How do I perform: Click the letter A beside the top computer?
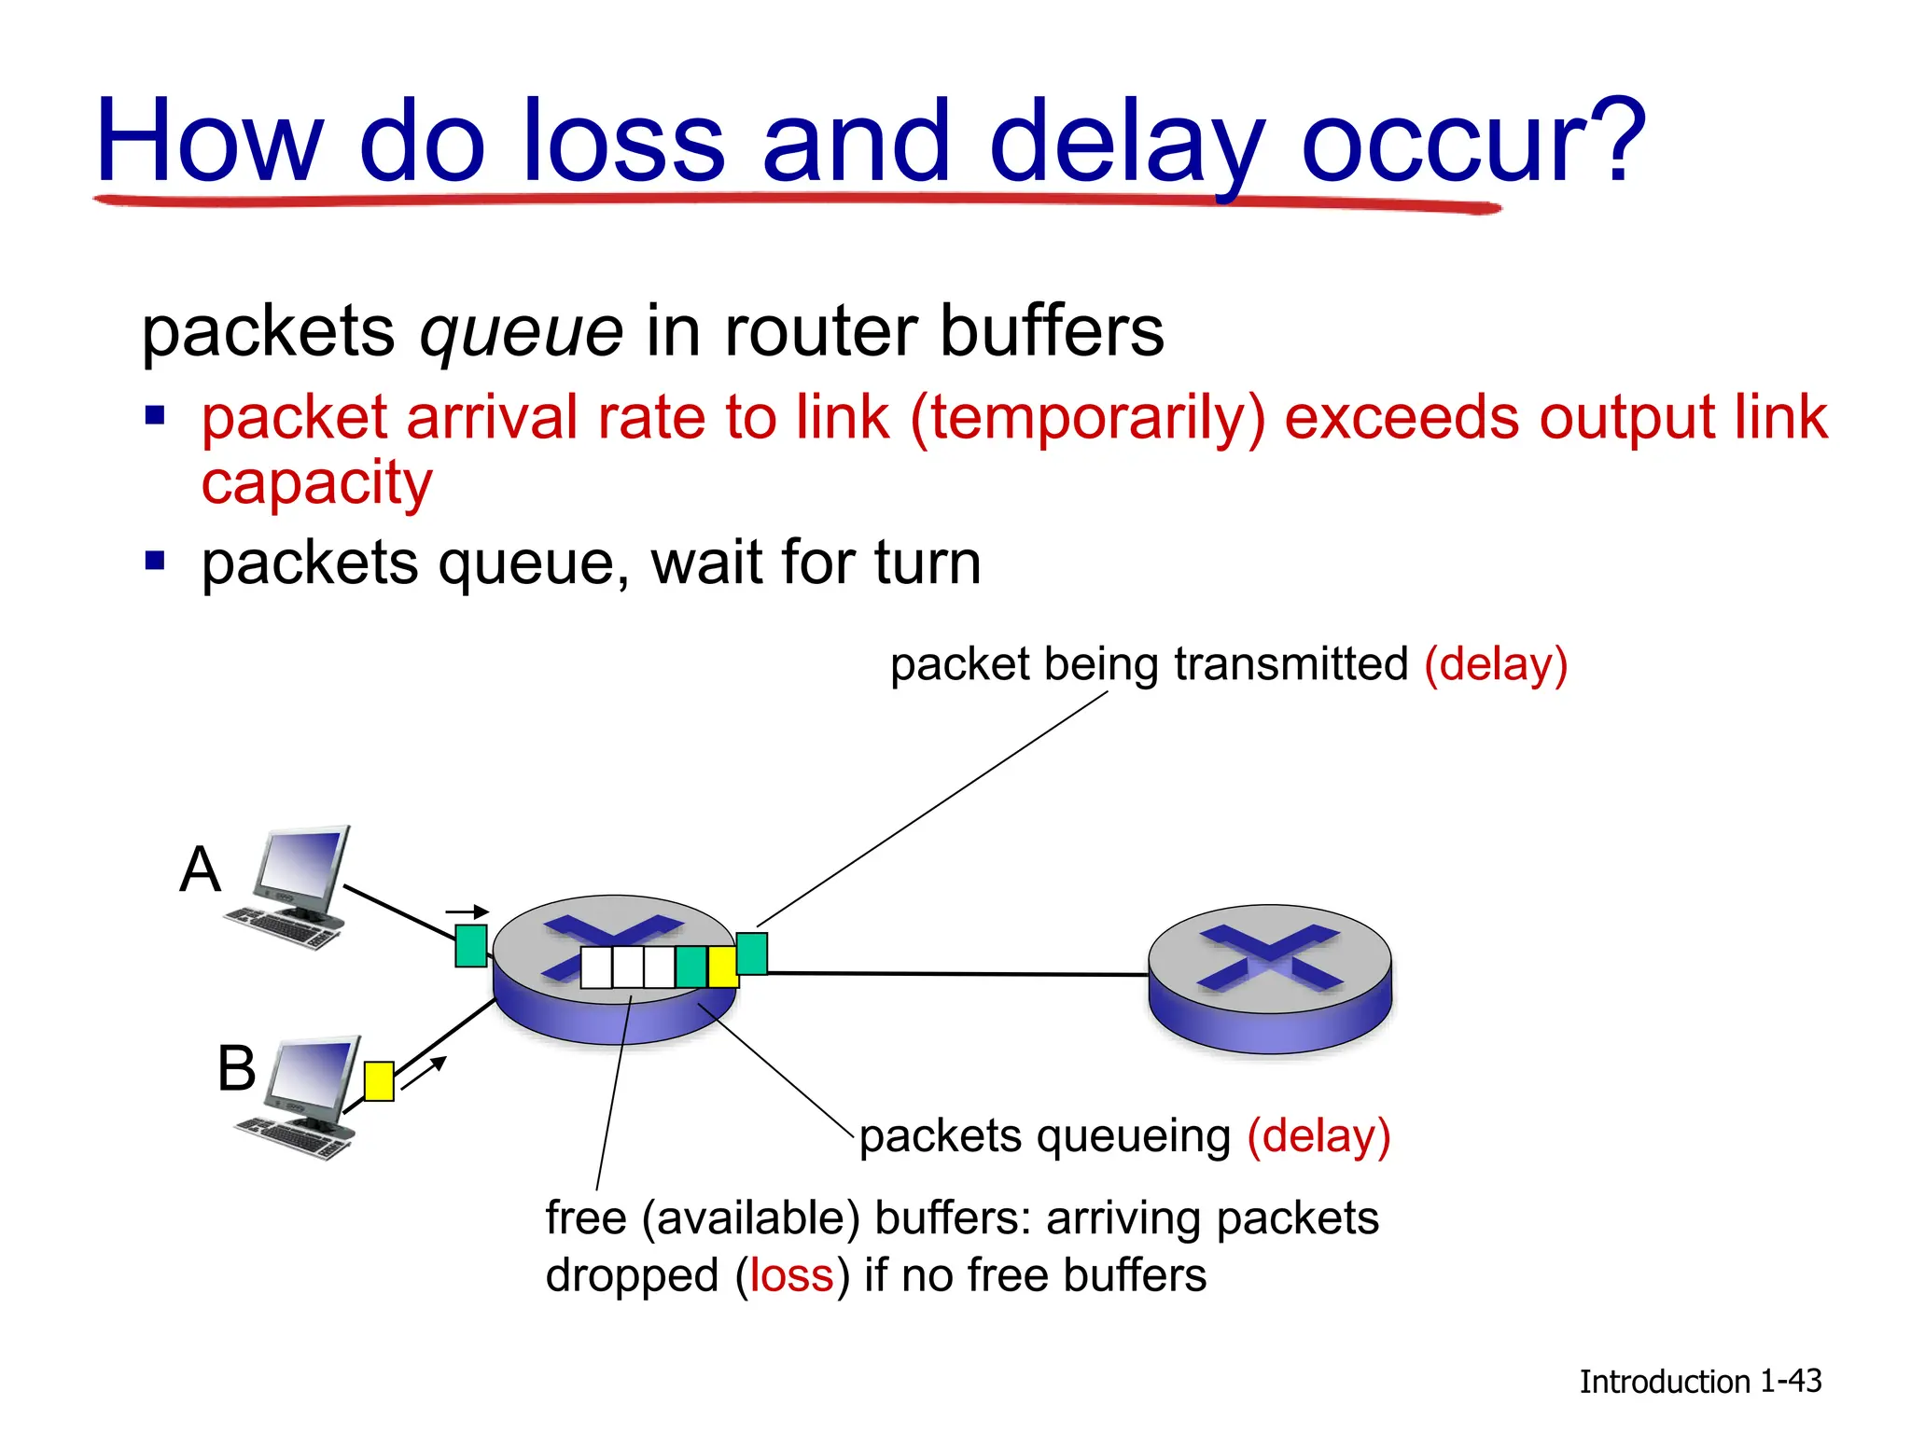click(x=200, y=870)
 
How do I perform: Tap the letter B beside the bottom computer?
click(x=236, y=1068)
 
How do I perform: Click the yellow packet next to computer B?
click(x=378, y=1081)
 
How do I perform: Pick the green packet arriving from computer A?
click(x=471, y=945)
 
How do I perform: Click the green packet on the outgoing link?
click(x=751, y=953)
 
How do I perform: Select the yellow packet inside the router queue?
click(x=722, y=967)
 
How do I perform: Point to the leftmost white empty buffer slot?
click(x=596, y=967)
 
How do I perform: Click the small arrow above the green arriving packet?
click(x=467, y=911)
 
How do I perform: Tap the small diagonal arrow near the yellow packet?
click(x=425, y=1072)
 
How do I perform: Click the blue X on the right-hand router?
click(x=1269, y=956)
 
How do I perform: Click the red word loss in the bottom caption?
click(x=791, y=1275)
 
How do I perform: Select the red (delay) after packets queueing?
click(x=1318, y=1136)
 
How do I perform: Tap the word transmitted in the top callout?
click(x=1290, y=664)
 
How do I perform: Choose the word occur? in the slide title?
click(x=1472, y=142)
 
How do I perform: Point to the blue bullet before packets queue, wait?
click(x=155, y=561)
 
